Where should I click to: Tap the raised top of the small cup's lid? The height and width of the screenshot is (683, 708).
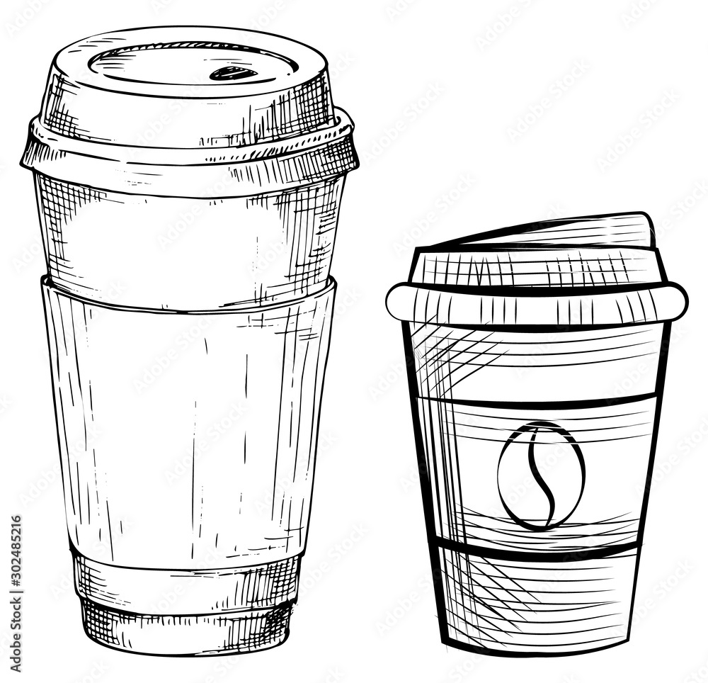[x=566, y=230]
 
